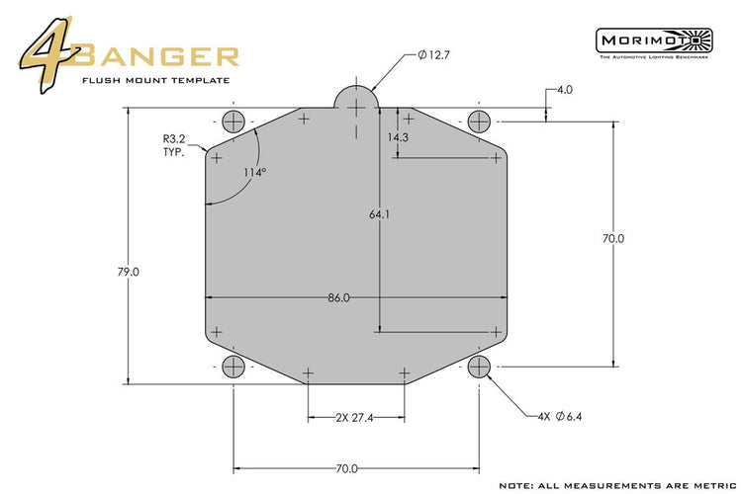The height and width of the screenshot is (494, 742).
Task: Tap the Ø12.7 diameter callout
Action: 435,54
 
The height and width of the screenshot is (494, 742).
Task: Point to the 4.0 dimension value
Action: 565,90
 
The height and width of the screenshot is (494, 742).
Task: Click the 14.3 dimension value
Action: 399,137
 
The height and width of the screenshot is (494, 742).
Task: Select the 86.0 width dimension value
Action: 338,297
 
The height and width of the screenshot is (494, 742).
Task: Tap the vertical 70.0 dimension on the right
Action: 613,238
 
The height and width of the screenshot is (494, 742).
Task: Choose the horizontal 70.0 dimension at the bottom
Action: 346,468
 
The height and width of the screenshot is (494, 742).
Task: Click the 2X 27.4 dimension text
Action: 353,418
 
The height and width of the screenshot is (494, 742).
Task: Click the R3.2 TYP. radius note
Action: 178,147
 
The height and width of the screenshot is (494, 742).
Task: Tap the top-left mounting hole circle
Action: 233,122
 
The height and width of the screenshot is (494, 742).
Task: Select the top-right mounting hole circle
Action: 480,122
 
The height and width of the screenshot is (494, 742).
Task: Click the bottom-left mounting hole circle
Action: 233,368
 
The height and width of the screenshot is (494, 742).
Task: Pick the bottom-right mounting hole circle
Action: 480,368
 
